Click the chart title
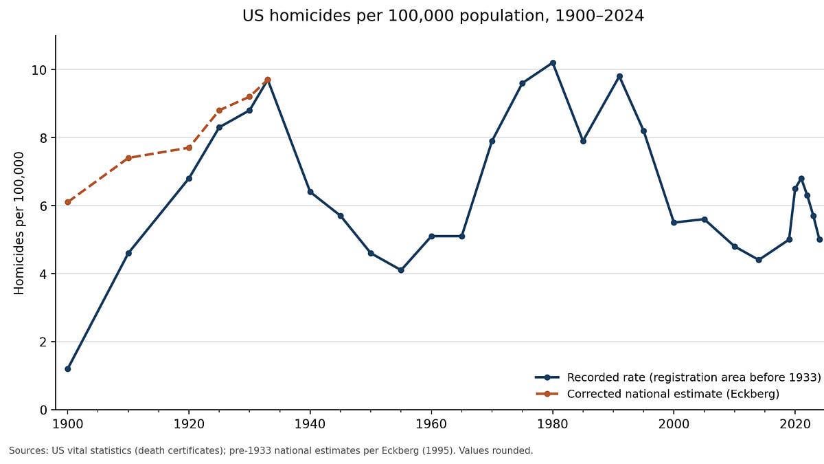[443, 16]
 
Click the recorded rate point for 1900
[68, 368]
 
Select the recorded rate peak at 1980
[553, 63]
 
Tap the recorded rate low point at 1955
[401, 270]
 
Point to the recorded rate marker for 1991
[619, 76]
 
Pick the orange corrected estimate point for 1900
[68, 202]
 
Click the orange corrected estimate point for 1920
[189, 148]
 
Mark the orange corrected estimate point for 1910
[128, 158]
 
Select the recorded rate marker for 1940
[310, 192]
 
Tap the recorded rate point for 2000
[674, 223]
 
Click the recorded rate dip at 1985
[583, 141]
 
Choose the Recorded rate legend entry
[678, 377]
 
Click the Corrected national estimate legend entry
[657, 394]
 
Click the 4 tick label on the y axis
[43, 274]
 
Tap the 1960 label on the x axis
[431, 424]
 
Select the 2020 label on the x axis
[795, 424]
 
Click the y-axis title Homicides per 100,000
[19, 223]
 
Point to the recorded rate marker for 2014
[759, 260]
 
